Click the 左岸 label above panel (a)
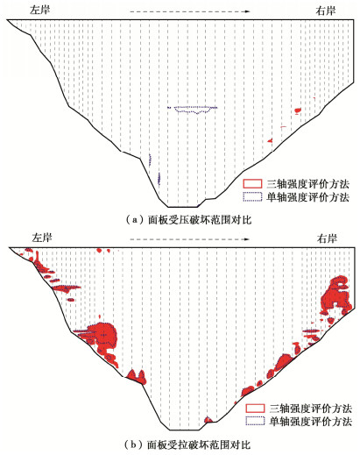pos(40,10)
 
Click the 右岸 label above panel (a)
pos(326,11)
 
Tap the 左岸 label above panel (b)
pos(42,238)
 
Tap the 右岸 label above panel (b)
pos(327,238)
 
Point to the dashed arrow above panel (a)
pos(190,11)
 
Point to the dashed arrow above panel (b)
pos(190,239)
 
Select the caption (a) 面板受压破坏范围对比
pos(188,220)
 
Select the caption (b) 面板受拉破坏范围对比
pos(187,444)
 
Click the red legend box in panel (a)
pos(252,183)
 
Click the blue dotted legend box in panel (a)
pos(252,196)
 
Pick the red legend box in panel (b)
pos(255,408)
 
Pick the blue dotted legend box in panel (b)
pos(255,421)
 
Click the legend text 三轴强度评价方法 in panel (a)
pos(307,184)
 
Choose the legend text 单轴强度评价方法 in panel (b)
pos(310,422)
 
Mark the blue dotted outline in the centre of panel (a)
pos(193,110)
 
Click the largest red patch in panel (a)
pos(298,110)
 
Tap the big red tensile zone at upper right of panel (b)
pos(335,295)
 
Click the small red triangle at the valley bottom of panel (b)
pos(208,420)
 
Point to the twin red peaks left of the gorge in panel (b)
pos(137,377)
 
